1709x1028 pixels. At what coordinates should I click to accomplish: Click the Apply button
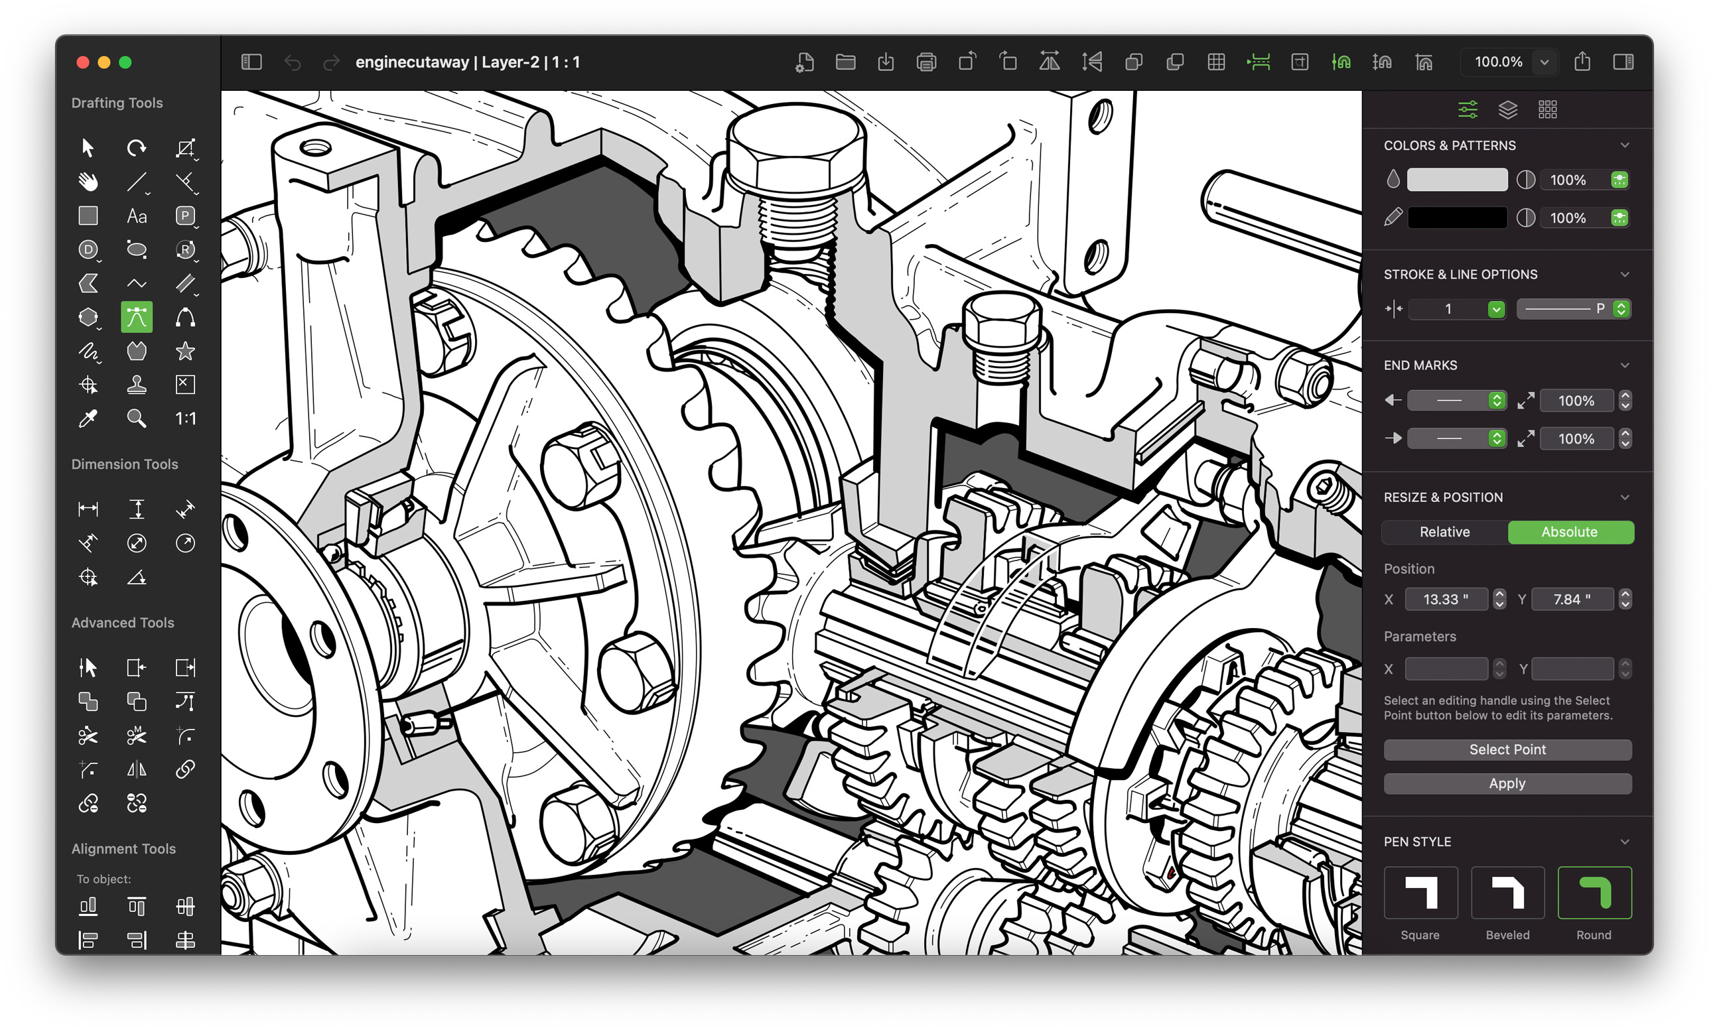click(x=1507, y=783)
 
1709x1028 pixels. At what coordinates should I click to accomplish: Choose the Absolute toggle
click(x=1569, y=532)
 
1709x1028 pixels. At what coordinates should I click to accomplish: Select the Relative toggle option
click(x=1444, y=532)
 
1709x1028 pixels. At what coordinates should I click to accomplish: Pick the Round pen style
click(x=1594, y=893)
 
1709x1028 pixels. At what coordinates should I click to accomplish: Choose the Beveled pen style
click(x=1507, y=893)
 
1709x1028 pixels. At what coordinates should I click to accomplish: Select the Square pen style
click(x=1420, y=893)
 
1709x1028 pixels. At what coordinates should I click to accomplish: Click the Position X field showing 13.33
click(x=1445, y=599)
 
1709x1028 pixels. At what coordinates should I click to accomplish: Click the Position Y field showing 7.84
click(x=1572, y=599)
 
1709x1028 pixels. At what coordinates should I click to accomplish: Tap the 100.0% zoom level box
click(x=1498, y=62)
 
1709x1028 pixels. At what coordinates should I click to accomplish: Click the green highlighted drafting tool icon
click(x=137, y=317)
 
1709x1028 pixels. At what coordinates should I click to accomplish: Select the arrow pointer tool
click(x=88, y=147)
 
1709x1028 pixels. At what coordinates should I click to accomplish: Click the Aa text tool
click(x=137, y=216)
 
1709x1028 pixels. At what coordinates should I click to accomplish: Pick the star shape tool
click(x=185, y=352)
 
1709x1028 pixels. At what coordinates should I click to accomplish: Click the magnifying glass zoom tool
click(x=137, y=418)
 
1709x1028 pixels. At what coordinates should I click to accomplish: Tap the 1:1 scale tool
click(x=185, y=418)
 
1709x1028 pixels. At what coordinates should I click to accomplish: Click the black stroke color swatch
click(x=1457, y=218)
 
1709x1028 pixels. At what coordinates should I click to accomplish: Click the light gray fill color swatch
click(x=1457, y=180)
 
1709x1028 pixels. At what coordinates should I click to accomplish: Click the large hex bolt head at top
click(x=797, y=149)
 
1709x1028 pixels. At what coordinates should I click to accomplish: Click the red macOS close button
click(x=83, y=62)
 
